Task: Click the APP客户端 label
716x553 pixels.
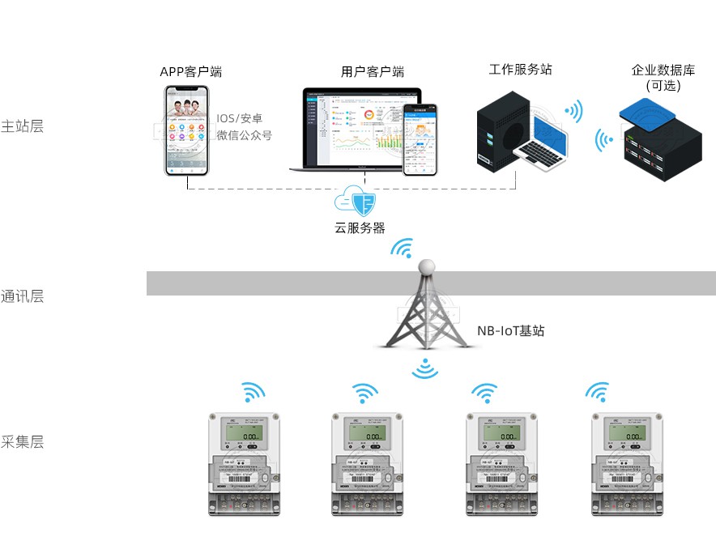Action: click(190, 72)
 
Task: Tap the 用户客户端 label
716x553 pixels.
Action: click(373, 72)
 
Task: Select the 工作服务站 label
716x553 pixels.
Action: click(520, 70)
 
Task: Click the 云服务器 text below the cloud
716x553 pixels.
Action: click(360, 228)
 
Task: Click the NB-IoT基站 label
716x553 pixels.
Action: click(510, 330)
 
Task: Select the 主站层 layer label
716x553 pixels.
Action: click(23, 126)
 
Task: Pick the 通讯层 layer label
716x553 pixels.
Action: click(23, 296)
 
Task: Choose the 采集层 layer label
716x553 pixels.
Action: click(23, 442)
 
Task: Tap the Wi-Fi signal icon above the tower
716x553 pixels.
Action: click(402, 248)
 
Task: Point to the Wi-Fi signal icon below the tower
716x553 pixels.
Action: click(425, 370)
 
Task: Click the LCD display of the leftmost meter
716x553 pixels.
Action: click(244, 436)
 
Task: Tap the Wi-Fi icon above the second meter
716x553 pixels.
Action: click(365, 393)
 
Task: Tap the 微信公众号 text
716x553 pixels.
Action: click(244, 135)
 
